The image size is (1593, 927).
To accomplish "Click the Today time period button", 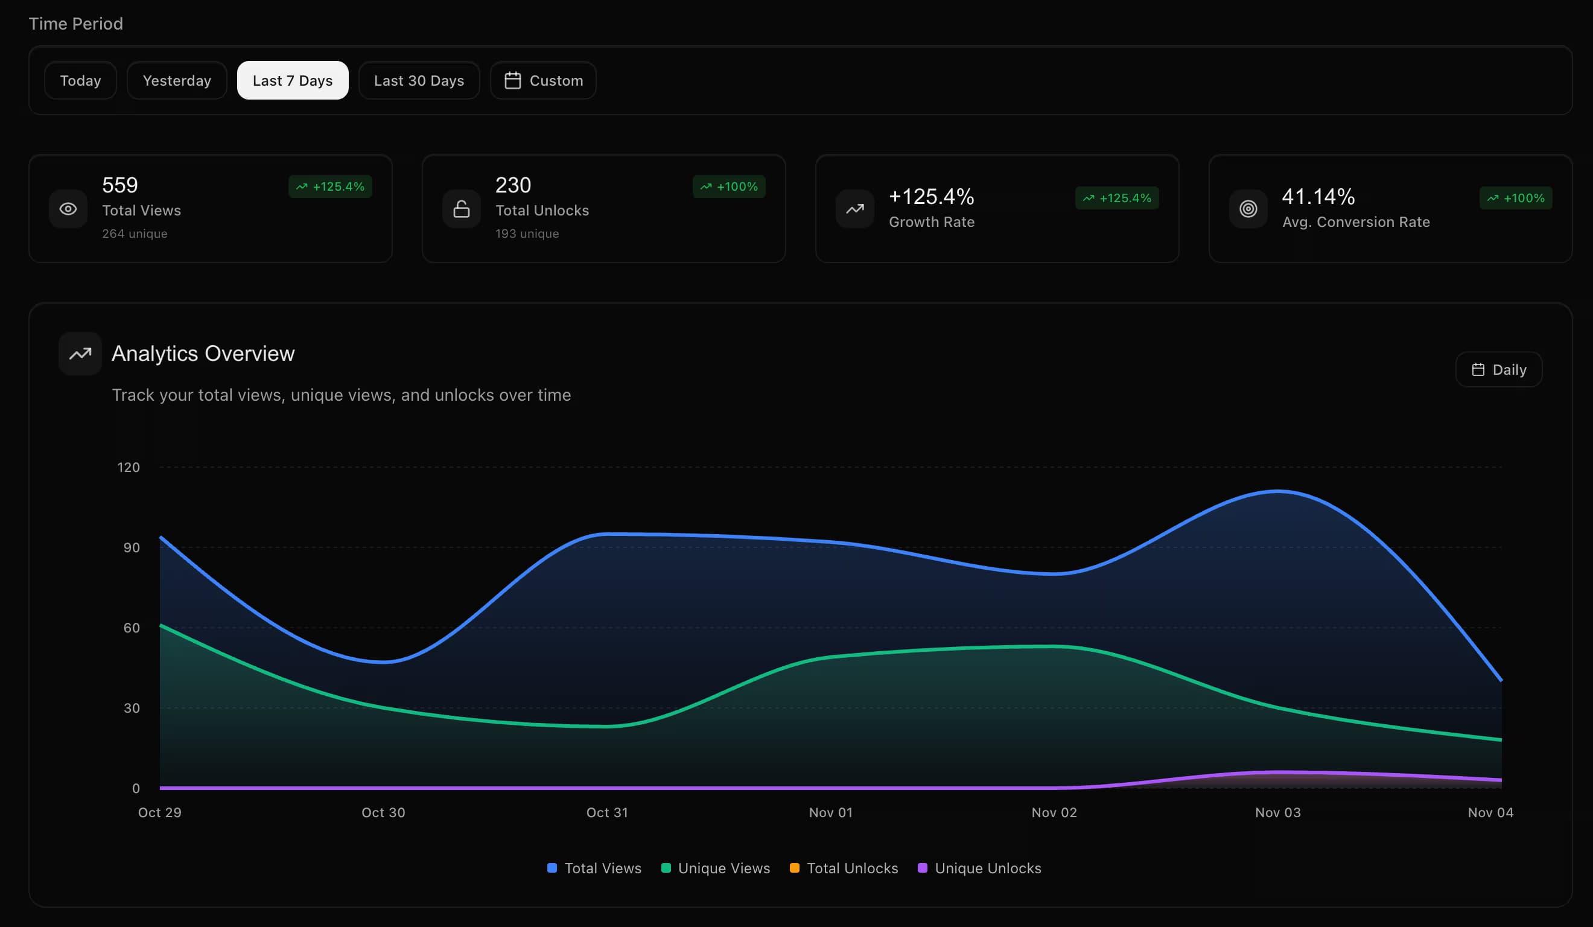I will pyautogui.click(x=80, y=80).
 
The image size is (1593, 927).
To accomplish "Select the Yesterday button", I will pyautogui.click(x=176, y=80).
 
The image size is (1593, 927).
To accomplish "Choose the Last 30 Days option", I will pyautogui.click(x=419, y=80).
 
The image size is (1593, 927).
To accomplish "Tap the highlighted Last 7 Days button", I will pyautogui.click(x=292, y=80).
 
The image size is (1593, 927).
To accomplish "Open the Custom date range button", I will pyautogui.click(x=543, y=80).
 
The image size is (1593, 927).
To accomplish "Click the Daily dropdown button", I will pyautogui.click(x=1498, y=369).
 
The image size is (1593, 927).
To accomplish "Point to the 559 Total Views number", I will pyautogui.click(x=119, y=185).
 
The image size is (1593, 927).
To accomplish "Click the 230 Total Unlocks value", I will pyautogui.click(x=513, y=185).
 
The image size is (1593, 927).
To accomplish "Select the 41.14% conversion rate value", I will pyautogui.click(x=1318, y=197).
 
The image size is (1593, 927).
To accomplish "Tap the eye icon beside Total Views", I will pyautogui.click(x=68, y=209).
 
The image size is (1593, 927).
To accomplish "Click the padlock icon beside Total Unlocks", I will pyautogui.click(x=462, y=209).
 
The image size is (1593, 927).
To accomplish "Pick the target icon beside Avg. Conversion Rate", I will pyautogui.click(x=1248, y=209).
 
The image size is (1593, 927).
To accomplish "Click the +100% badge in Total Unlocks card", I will pyautogui.click(x=729, y=186).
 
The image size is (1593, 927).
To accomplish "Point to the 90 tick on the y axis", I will pyautogui.click(x=132, y=547).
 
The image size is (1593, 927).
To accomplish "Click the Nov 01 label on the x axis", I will pyautogui.click(x=831, y=812).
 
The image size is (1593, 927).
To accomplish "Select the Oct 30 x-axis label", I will pyautogui.click(x=383, y=812).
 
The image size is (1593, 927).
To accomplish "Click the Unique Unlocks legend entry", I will pyautogui.click(x=980, y=868).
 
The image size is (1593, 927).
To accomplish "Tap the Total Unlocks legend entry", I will pyautogui.click(x=845, y=868).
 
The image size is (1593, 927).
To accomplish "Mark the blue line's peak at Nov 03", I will pyautogui.click(x=1278, y=491).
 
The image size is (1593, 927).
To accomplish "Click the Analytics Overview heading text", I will pyautogui.click(x=203, y=354).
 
